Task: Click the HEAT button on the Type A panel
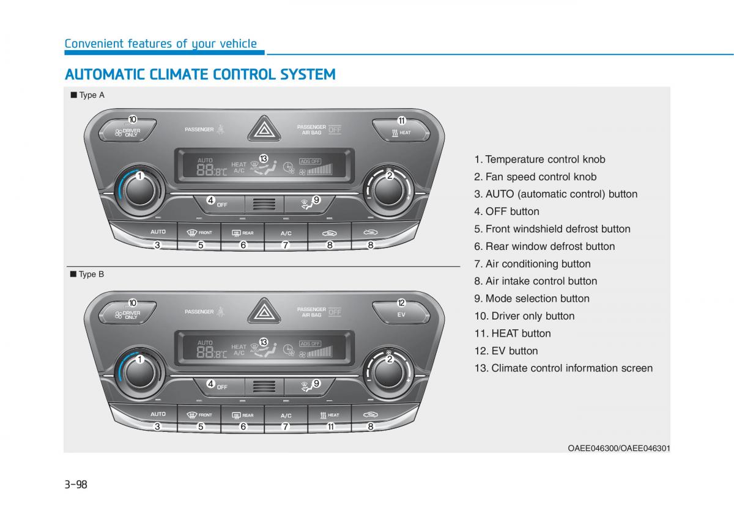pyautogui.click(x=401, y=131)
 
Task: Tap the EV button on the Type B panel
pyautogui.click(x=401, y=314)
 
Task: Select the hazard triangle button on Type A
pyautogui.click(x=265, y=130)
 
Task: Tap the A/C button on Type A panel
pyautogui.click(x=286, y=233)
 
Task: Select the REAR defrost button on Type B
pyautogui.click(x=243, y=415)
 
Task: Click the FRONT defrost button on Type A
pyautogui.click(x=200, y=233)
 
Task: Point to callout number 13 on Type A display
pyautogui.click(x=263, y=159)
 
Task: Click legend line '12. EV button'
pyautogui.click(x=506, y=351)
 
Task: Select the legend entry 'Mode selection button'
pyautogui.click(x=532, y=299)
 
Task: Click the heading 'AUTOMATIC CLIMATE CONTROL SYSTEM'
pyautogui.click(x=200, y=75)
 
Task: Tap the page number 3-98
pyautogui.click(x=76, y=484)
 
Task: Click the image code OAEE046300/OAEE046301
pyautogui.click(x=619, y=448)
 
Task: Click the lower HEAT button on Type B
pyautogui.click(x=330, y=415)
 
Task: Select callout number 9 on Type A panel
pyautogui.click(x=316, y=200)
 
